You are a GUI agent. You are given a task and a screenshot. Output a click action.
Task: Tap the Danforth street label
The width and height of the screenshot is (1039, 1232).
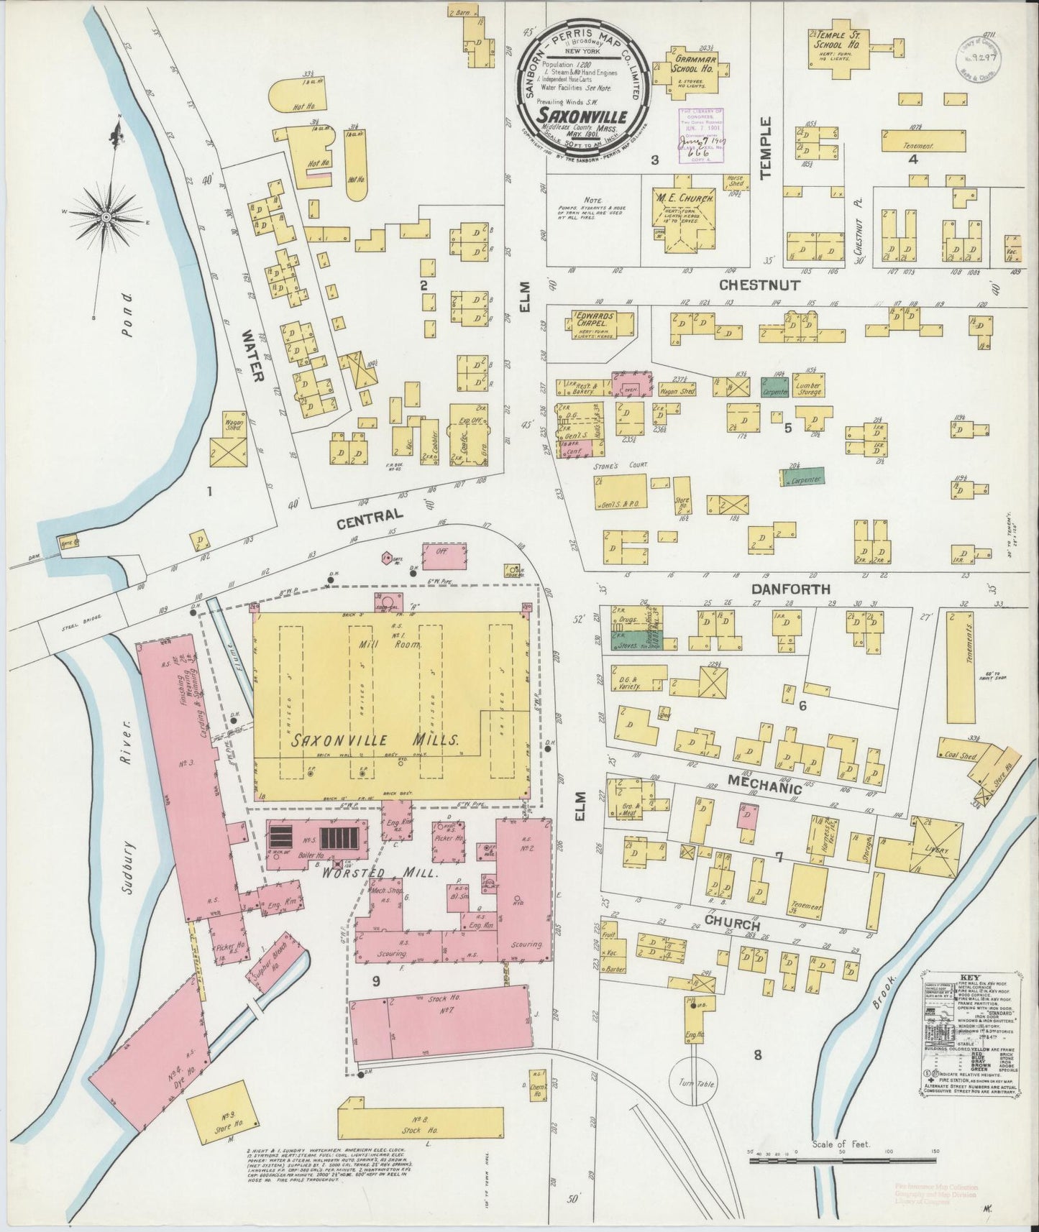click(790, 589)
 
